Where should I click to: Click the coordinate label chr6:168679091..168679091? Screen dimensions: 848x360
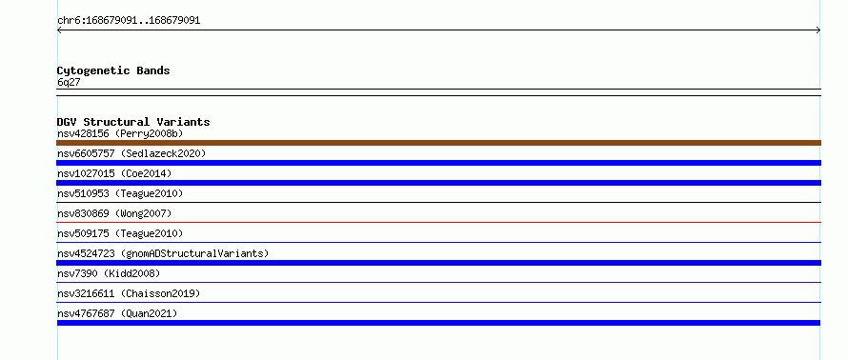pos(129,21)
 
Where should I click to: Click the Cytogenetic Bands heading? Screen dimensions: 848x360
pos(113,70)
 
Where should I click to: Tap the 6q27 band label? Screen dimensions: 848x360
pos(69,83)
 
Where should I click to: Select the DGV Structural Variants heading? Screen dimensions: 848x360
pos(133,122)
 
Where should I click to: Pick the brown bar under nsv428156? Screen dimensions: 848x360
pos(438,143)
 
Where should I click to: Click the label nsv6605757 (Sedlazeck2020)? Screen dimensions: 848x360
pos(131,153)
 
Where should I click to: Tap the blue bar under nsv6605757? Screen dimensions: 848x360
pos(438,163)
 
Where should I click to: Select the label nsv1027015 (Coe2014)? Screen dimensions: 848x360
pos(114,173)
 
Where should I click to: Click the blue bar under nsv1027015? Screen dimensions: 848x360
pos(438,183)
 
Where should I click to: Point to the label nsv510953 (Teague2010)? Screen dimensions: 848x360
pos(120,193)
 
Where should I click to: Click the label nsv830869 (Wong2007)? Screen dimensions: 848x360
pos(114,213)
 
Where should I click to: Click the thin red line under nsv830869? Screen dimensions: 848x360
pos(438,222)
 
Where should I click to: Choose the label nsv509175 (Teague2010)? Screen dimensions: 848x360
pos(120,233)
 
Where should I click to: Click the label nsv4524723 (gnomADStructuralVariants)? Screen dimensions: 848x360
pos(163,253)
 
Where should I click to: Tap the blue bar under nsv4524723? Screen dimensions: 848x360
pos(438,263)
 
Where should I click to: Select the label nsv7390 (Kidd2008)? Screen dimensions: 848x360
pos(109,273)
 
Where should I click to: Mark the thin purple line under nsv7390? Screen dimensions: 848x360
pos(438,282)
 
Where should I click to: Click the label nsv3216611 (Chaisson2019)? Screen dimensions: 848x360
pos(129,293)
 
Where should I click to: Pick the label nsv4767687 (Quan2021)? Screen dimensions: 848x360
pos(117,313)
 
